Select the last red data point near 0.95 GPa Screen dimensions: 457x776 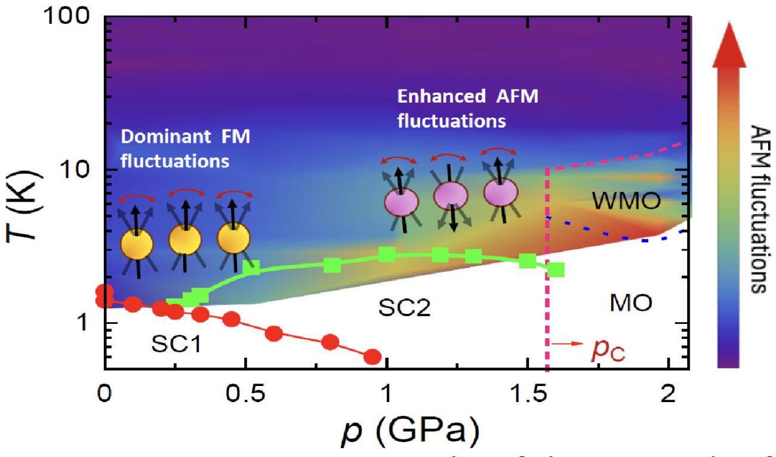click(x=372, y=357)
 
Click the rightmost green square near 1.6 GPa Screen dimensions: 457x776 click(x=556, y=270)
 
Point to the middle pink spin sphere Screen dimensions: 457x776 click(x=449, y=196)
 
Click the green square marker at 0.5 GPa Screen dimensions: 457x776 click(x=251, y=267)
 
